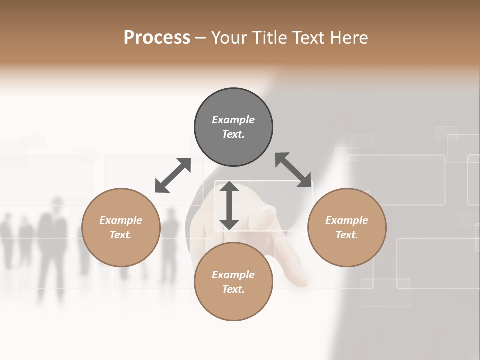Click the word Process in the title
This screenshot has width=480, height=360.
click(157, 38)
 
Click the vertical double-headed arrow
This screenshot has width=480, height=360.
click(229, 205)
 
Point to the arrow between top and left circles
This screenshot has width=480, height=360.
click(173, 175)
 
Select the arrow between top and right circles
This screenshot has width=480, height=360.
click(293, 170)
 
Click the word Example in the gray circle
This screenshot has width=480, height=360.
click(233, 120)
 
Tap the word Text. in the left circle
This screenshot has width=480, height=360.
click(121, 235)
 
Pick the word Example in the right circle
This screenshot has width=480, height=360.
click(347, 220)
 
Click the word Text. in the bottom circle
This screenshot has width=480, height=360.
click(233, 289)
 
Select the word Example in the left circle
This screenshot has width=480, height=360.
click(121, 220)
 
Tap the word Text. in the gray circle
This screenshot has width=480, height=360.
click(233, 134)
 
